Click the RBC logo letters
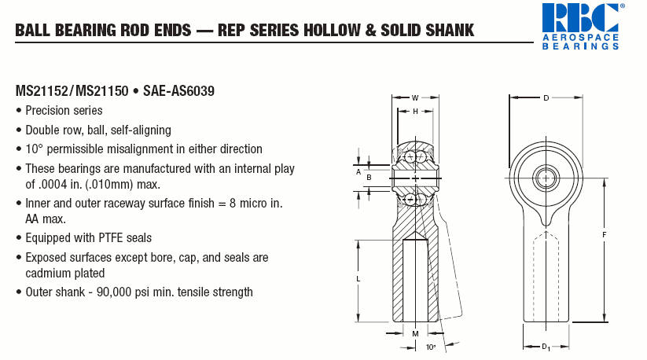[580, 18]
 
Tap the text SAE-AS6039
[178, 90]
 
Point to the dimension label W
[415, 97]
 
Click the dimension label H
[416, 112]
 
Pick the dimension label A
[358, 171]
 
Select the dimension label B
[369, 178]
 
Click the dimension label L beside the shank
[358, 279]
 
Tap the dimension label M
[416, 333]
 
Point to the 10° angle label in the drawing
[431, 347]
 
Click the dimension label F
[604, 235]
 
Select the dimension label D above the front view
[546, 97]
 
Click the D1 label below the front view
[546, 347]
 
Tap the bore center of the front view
[546, 178]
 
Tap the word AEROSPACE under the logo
[580, 38]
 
